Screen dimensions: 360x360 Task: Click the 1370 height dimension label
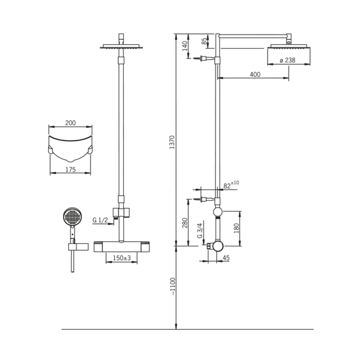point(172,142)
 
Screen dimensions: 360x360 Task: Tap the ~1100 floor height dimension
point(173,287)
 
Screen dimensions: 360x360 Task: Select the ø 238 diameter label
point(287,60)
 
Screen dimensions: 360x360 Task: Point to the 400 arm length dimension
point(255,74)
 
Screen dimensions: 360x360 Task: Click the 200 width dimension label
point(71,123)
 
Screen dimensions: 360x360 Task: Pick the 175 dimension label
point(71,169)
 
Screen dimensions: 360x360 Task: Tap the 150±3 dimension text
point(122,258)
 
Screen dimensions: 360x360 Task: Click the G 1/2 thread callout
point(100,220)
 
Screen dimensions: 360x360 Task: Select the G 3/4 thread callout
point(200,230)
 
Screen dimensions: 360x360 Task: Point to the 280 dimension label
point(185,223)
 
